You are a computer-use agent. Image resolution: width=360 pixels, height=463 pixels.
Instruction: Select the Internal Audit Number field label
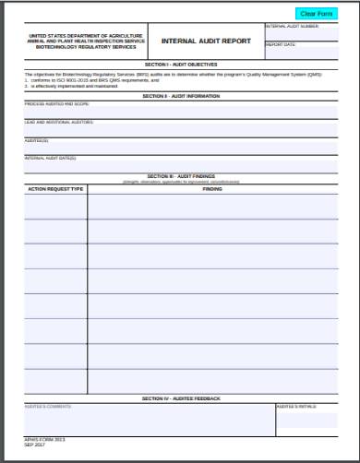click(292, 27)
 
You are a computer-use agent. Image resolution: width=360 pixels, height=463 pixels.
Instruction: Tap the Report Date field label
click(281, 44)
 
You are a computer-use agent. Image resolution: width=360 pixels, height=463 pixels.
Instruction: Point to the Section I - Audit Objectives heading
click(180, 65)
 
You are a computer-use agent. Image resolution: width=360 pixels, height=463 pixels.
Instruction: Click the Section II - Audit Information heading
click(180, 96)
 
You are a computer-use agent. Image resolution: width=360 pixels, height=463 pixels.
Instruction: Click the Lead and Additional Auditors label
click(59, 122)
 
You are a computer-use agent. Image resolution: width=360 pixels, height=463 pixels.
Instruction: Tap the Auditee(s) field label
click(37, 140)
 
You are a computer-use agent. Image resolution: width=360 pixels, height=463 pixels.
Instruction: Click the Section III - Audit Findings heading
click(180, 175)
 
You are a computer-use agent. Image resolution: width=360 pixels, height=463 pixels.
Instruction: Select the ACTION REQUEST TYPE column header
click(55, 188)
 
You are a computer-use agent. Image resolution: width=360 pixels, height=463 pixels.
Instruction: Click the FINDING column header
click(212, 188)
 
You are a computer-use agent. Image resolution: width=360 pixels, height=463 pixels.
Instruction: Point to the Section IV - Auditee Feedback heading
click(181, 398)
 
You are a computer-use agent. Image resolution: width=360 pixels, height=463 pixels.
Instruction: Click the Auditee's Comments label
click(48, 406)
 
